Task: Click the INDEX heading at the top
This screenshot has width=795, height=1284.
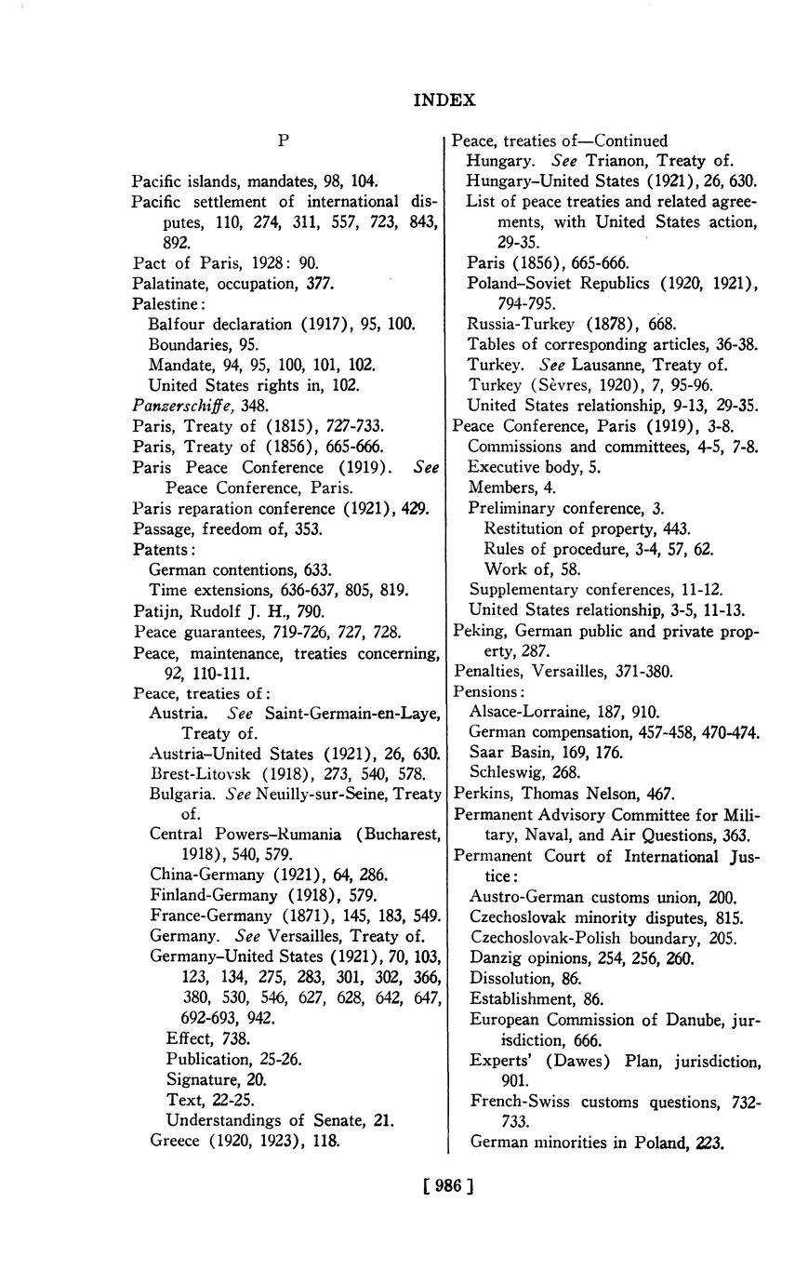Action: click(444, 100)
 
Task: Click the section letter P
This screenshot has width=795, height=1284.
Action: click(284, 140)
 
